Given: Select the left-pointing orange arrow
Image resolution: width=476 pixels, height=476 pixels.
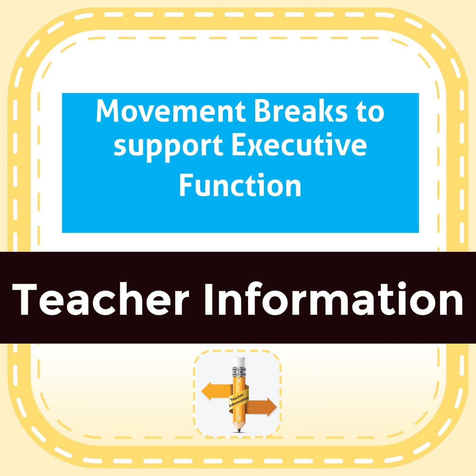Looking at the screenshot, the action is click(217, 391).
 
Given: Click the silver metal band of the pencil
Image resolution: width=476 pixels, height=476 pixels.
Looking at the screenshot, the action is click(239, 372).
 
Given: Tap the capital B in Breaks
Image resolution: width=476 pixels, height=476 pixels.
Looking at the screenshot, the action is click(262, 112).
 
